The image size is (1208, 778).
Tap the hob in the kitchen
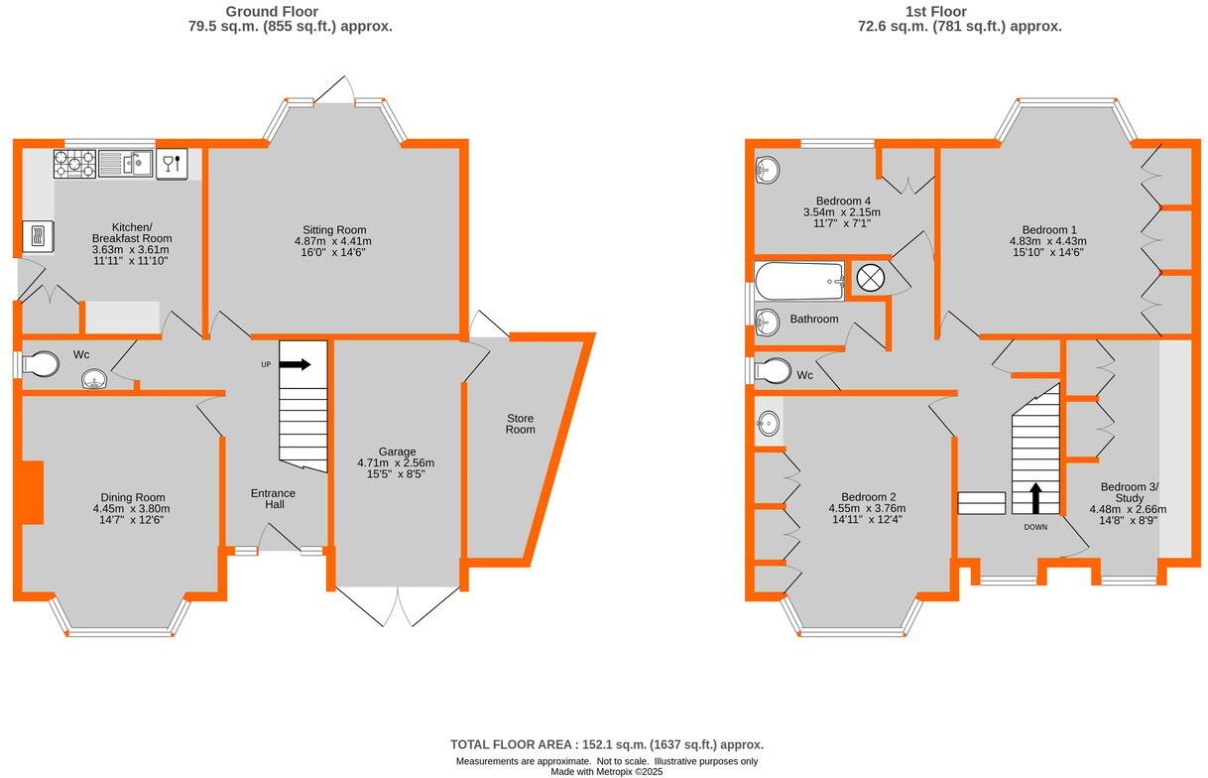pyautogui.click(x=74, y=163)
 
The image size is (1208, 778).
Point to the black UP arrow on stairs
pyautogui.click(x=296, y=364)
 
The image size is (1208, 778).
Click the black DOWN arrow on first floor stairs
pyautogui.click(x=1035, y=497)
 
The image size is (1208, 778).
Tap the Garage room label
pyautogui.click(x=396, y=451)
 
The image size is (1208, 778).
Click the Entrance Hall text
pyautogui.click(x=273, y=499)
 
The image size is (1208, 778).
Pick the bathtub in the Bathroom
pyautogui.click(x=798, y=281)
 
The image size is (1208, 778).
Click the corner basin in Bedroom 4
pyautogui.click(x=768, y=170)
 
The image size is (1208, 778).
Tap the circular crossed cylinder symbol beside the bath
pyautogui.click(x=870, y=279)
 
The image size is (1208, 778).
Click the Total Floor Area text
pyautogui.click(x=606, y=744)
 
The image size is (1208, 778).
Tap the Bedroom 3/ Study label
pyautogui.click(x=1129, y=492)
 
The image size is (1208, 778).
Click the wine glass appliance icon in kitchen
pyautogui.click(x=172, y=163)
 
